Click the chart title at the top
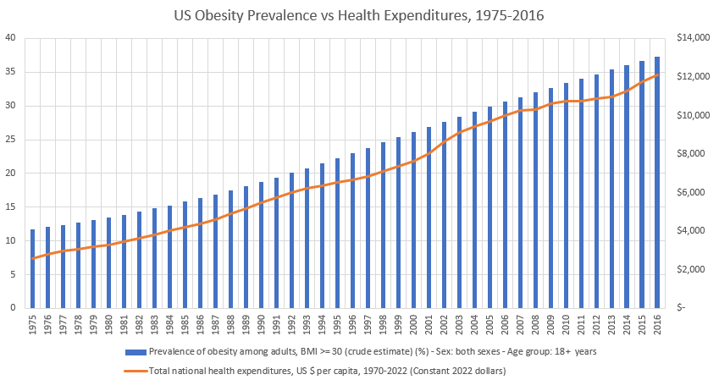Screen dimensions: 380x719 359,14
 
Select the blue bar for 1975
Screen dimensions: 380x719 32,269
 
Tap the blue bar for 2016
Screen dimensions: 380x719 657,183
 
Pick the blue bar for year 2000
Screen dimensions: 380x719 413,220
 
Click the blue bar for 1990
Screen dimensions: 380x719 261,245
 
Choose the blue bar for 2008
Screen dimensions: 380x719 535,201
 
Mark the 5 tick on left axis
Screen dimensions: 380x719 11,274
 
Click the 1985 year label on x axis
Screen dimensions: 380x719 185,324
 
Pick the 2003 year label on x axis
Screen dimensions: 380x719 459,324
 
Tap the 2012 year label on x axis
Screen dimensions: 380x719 596,324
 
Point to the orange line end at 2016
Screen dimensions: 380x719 657,75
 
